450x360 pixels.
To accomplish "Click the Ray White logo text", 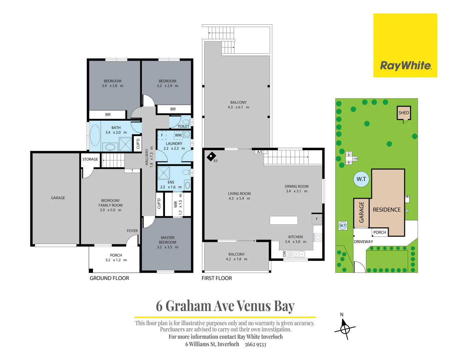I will click(x=405, y=65).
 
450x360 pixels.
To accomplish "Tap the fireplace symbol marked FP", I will click(x=211, y=156).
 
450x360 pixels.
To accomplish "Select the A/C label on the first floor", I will click(x=260, y=152).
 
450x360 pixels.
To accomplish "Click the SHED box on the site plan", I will click(x=404, y=113).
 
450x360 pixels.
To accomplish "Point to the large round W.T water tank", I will click(x=361, y=179).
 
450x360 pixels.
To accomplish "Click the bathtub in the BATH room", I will click(x=95, y=135).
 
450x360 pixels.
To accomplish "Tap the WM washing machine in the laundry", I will click(x=178, y=135).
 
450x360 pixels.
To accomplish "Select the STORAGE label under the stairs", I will click(x=90, y=159).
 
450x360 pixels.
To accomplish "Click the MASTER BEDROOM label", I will click(x=167, y=240).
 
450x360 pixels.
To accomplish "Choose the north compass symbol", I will click(x=345, y=329).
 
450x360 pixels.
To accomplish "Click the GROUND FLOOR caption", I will click(x=109, y=278).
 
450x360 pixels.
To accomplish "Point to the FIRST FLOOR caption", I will click(x=217, y=278).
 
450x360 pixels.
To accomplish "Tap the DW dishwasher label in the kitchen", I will click(x=284, y=254).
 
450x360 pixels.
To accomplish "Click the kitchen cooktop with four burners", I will click(x=318, y=237).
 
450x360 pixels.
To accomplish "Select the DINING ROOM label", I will click(x=296, y=186).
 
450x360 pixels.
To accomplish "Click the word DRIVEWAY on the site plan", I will click(x=363, y=242).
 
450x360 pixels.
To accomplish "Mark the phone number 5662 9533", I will click(x=255, y=344).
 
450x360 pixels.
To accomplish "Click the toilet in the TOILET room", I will click(x=186, y=122).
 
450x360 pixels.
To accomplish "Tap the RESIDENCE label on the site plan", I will click(x=387, y=210).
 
